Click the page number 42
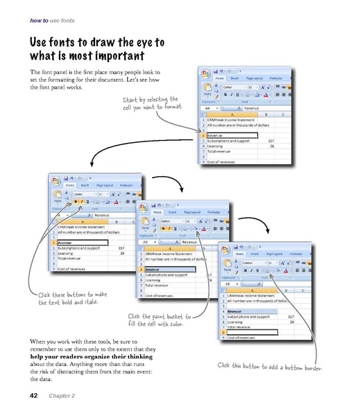click(33, 396)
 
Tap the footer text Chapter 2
click(62, 396)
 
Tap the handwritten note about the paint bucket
click(157, 320)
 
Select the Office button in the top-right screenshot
click(206, 73)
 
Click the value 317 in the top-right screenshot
click(271, 141)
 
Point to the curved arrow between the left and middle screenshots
click(125, 202)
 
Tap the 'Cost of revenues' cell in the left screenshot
click(76, 267)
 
